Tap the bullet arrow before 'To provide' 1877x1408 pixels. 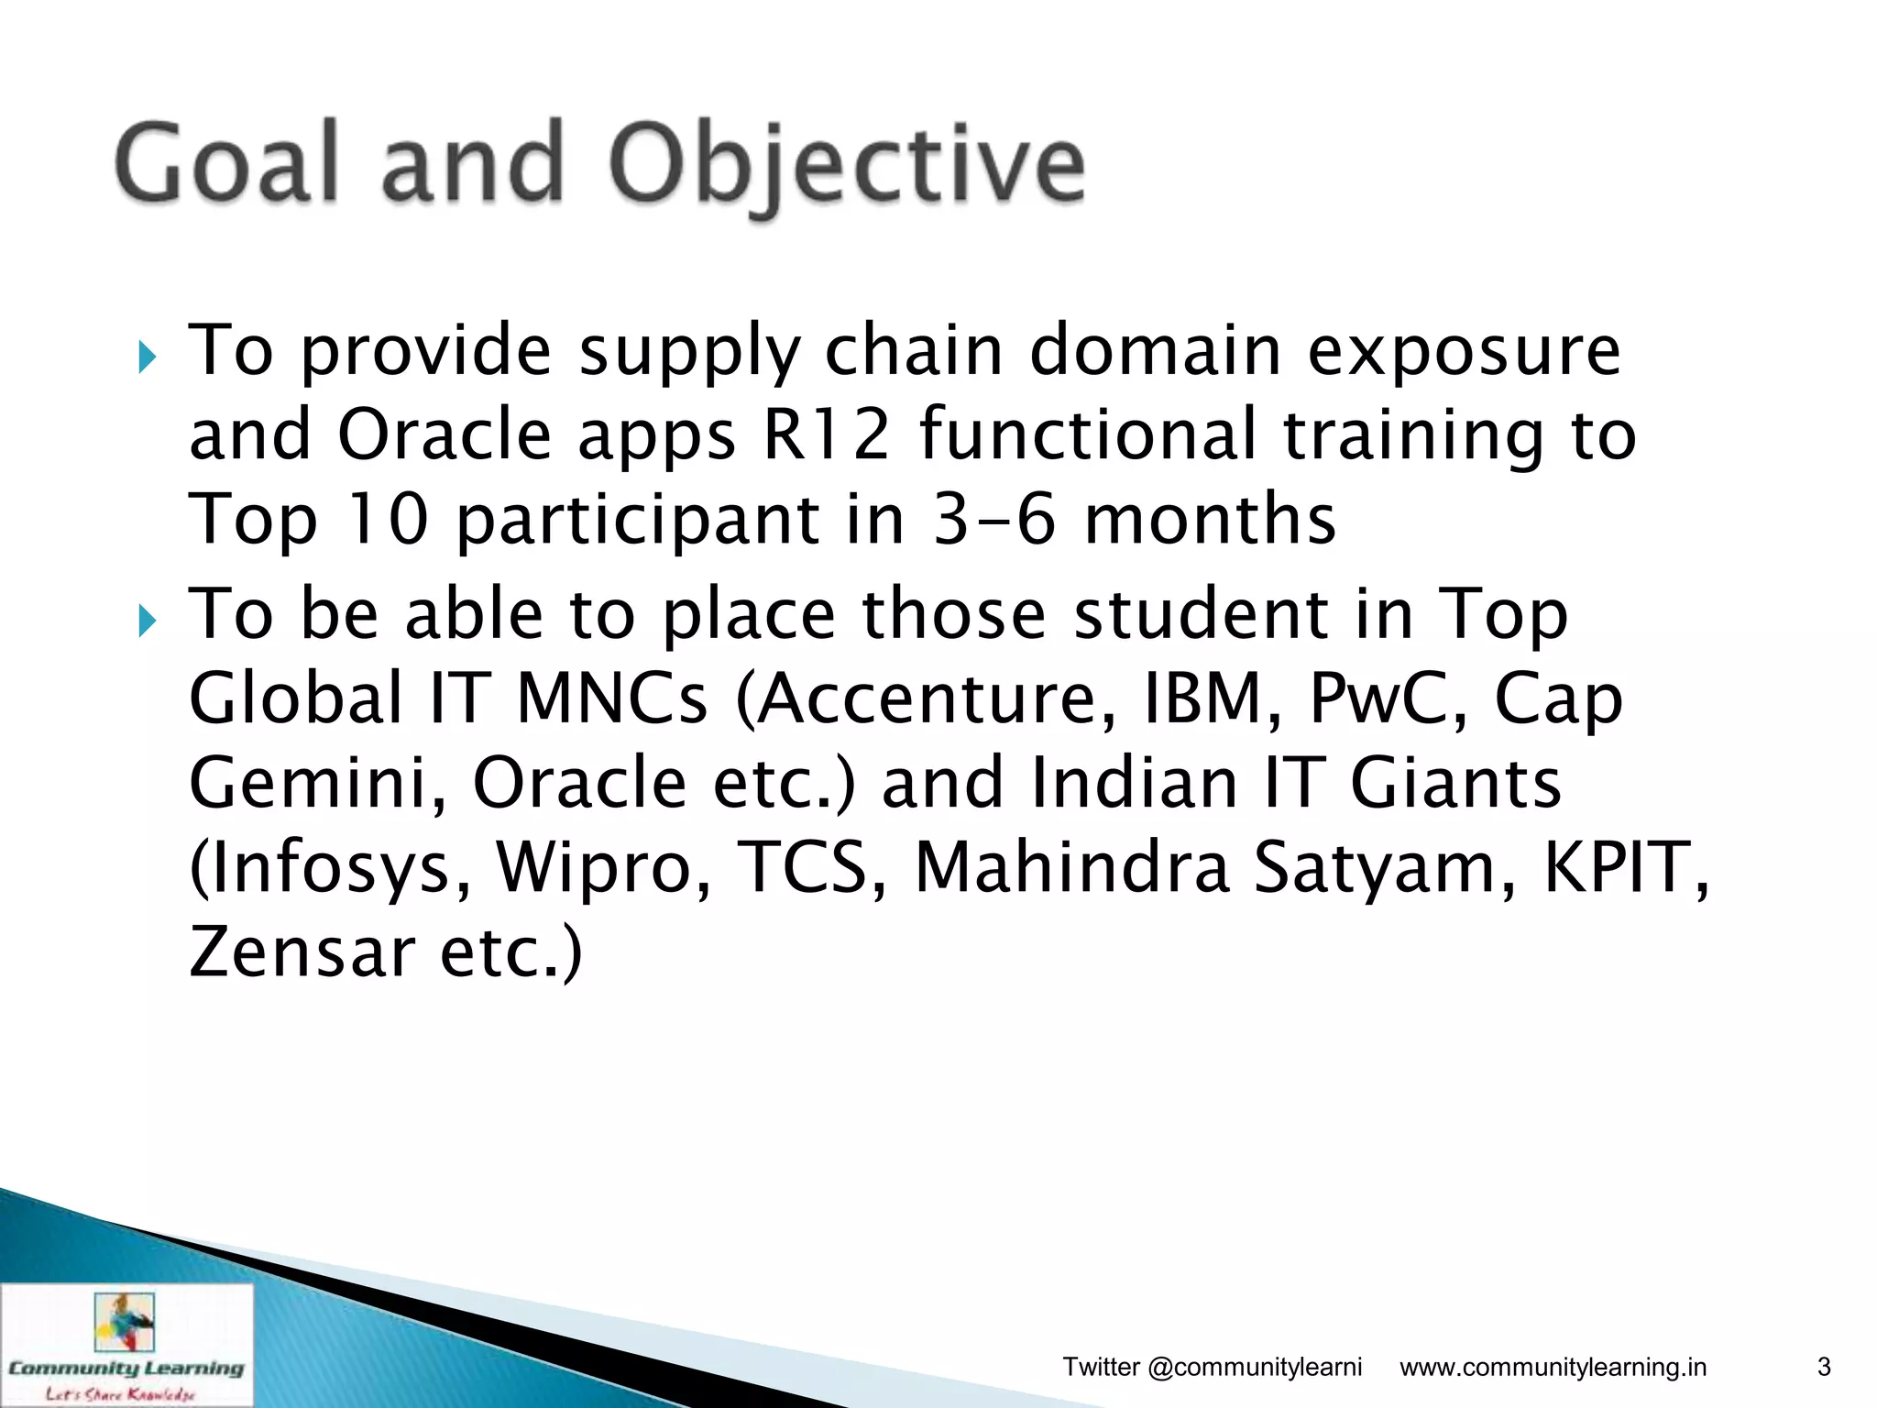[x=147, y=357]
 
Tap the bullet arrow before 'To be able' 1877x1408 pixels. [x=147, y=621]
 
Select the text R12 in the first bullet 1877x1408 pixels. [x=826, y=434]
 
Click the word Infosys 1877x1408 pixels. [x=330, y=867]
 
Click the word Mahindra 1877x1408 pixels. [x=1071, y=867]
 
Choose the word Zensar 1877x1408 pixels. [x=302, y=951]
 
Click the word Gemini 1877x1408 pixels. [x=317, y=783]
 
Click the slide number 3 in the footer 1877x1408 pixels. [x=1824, y=1367]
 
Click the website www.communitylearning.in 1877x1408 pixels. [x=1553, y=1367]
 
